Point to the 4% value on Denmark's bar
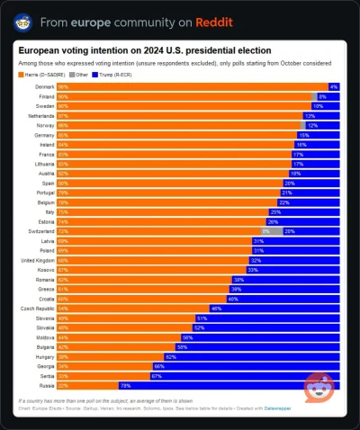(333, 85)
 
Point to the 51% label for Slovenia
(202, 318)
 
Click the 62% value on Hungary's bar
(170, 356)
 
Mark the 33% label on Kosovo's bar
(253, 269)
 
